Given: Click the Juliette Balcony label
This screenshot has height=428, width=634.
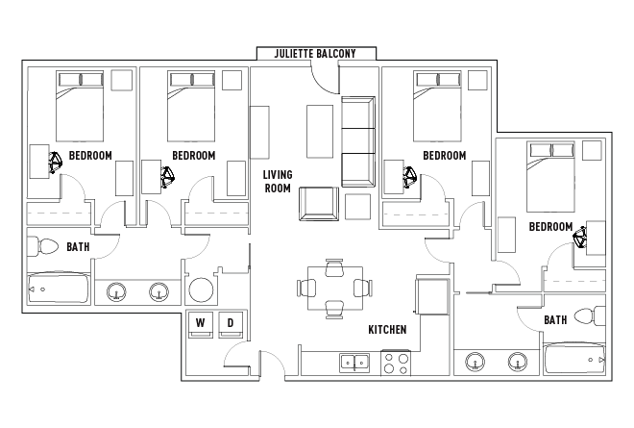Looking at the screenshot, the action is (x=315, y=54).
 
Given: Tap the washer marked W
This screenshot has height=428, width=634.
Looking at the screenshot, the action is (x=201, y=325).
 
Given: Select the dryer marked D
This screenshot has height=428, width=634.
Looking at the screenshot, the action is (x=231, y=325).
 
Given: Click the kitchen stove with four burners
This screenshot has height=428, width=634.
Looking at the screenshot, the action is (x=396, y=363).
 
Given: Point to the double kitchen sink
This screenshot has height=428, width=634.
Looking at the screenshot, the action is (x=354, y=362).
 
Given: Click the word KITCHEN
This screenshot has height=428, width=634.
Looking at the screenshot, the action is (x=387, y=330).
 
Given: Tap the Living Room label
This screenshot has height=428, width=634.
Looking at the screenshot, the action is (x=278, y=182).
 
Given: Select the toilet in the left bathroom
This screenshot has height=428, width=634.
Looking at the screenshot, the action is (x=43, y=246).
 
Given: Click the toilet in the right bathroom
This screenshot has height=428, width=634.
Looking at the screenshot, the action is (x=590, y=316).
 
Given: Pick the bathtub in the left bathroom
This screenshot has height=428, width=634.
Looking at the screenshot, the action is (x=59, y=288).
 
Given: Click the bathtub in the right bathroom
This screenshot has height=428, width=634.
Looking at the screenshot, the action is (x=574, y=359).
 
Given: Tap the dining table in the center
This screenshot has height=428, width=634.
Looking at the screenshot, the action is (x=335, y=288).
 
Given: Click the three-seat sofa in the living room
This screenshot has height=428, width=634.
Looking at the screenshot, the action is (x=358, y=141).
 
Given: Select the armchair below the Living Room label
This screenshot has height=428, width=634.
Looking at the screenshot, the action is (x=319, y=204).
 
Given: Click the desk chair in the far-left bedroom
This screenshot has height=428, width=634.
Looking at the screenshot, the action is (x=55, y=162).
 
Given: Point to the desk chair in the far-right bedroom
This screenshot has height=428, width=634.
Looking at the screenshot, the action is (x=580, y=237).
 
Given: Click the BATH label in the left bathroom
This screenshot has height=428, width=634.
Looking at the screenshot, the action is (x=78, y=246).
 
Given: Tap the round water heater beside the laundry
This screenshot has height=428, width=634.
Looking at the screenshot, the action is (x=201, y=290).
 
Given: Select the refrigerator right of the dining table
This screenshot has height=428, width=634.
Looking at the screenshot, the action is (x=432, y=296).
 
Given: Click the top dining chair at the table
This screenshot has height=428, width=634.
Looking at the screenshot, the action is (x=335, y=266).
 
